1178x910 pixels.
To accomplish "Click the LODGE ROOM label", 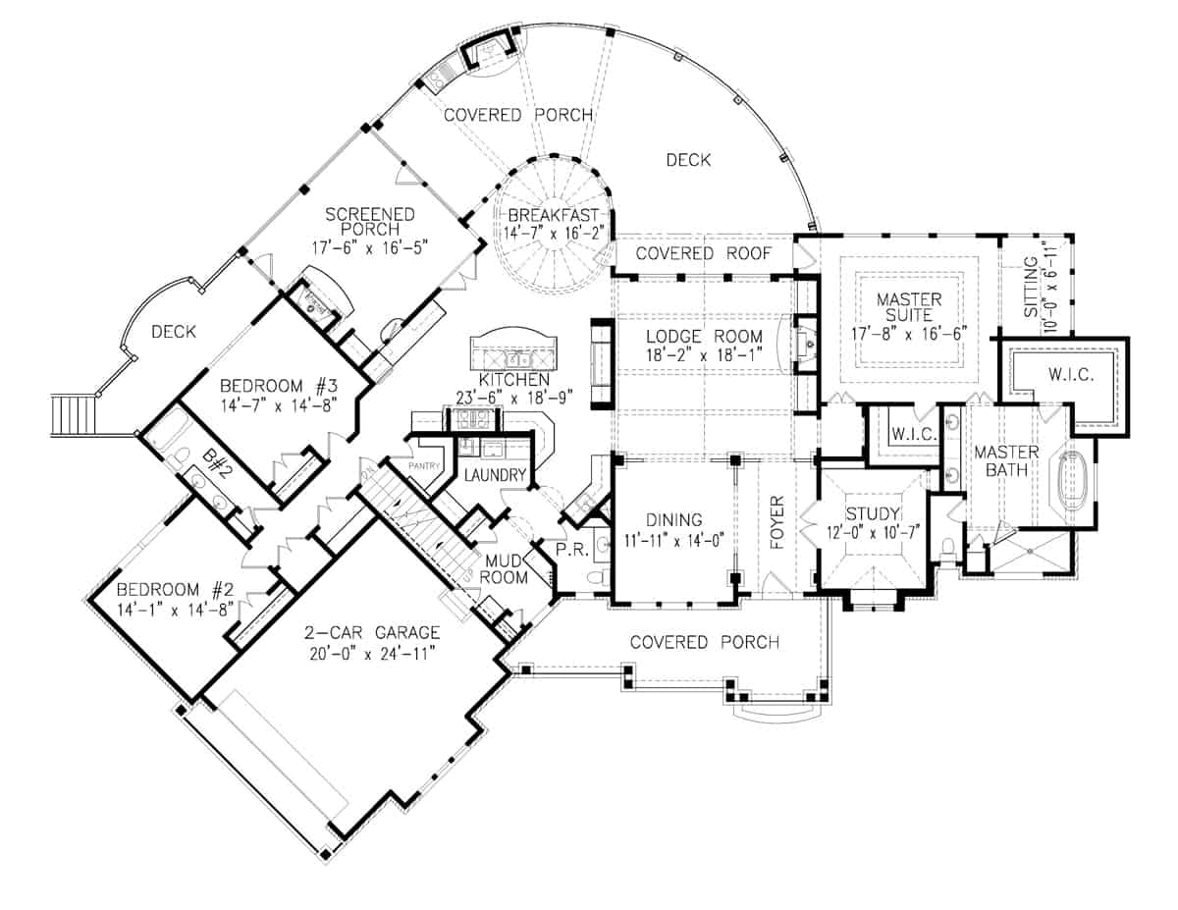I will pyautogui.click(x=703, y=337).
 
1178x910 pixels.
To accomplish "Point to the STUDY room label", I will pyautogui.click(x=872, y=513).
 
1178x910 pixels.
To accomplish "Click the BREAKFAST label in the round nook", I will pyautogui.click(x=555, y=216).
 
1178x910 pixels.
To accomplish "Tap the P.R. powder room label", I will pyautogui.click(x=571, y=553).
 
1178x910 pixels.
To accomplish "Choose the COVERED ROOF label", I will pyautogui.click(x=701, y=253).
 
